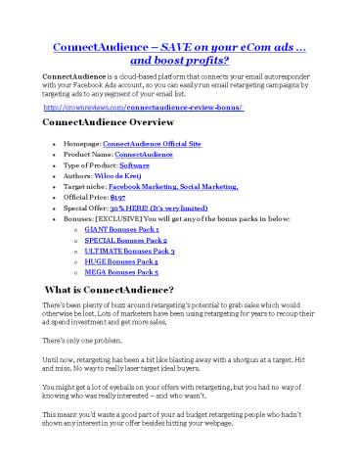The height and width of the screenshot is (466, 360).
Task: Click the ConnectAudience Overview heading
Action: pos(109,122)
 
